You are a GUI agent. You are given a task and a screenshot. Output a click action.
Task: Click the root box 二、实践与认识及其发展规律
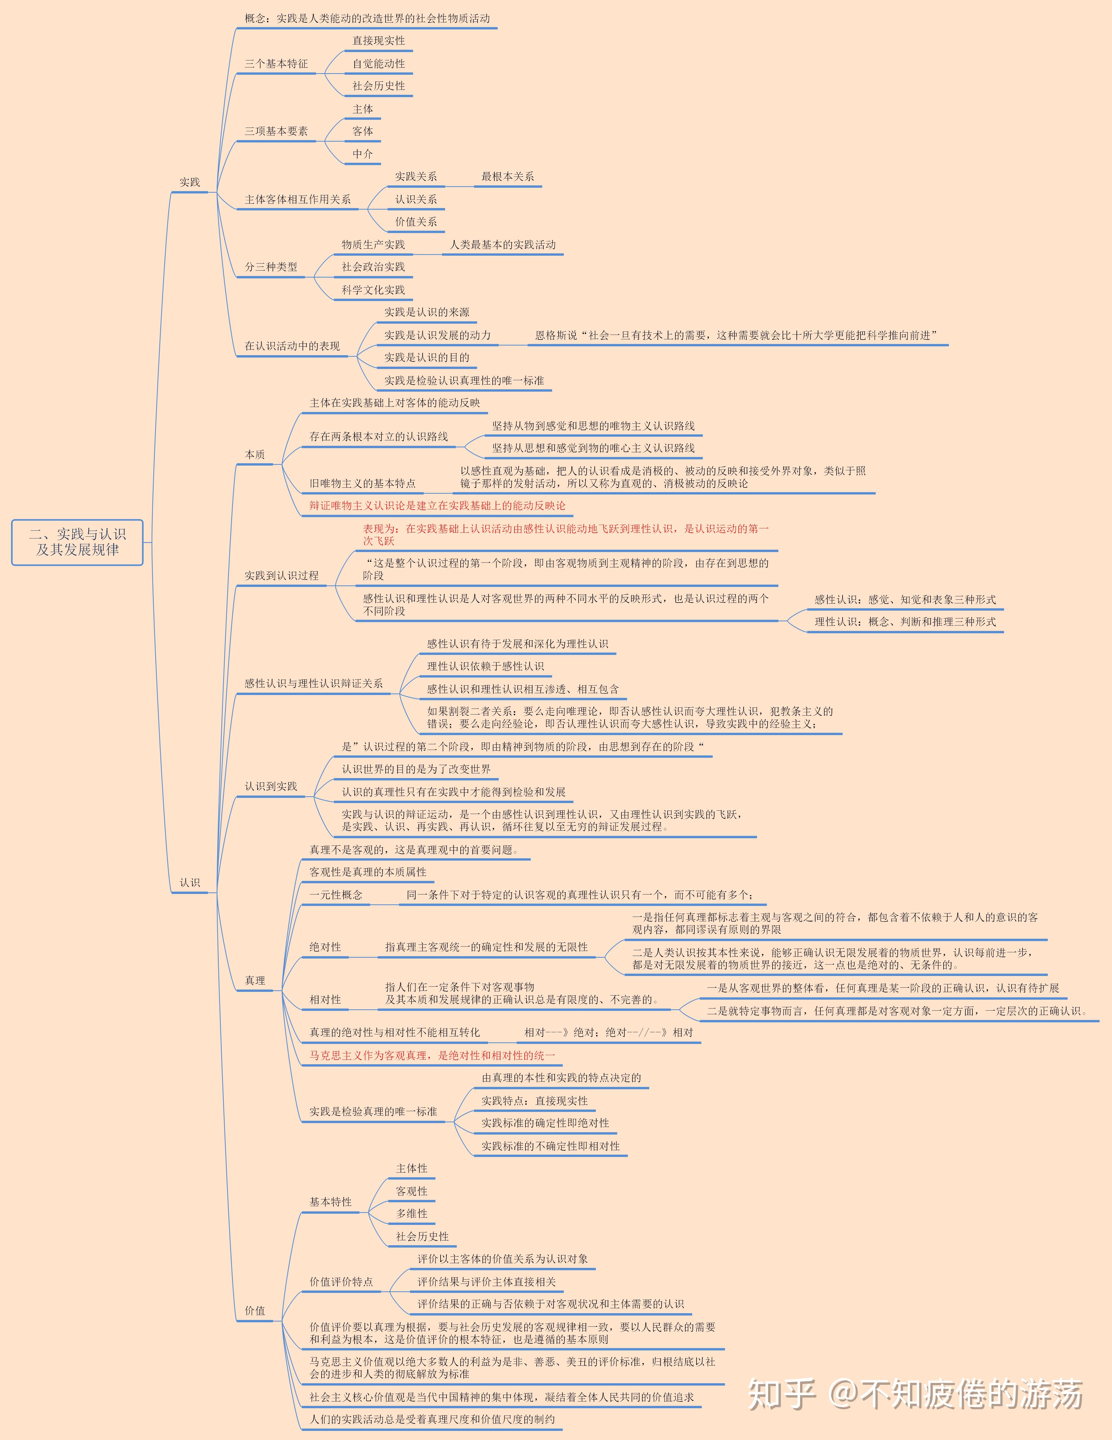click(77, 542)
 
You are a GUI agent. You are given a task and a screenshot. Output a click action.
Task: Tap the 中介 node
click(362, 154)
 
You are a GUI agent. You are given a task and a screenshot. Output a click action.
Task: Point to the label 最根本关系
click(507, 177)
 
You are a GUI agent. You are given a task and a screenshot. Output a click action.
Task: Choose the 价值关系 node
click(416, 222)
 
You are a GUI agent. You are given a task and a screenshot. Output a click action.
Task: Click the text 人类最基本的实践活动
click(503, 245)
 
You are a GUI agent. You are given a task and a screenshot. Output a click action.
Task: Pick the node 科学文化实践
click(373, 290)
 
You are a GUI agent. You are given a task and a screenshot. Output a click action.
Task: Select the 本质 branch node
click(255, 454)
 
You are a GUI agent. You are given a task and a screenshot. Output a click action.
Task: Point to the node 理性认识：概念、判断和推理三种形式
click(905, 622)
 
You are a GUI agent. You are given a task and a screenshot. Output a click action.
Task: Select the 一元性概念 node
click(336, 895)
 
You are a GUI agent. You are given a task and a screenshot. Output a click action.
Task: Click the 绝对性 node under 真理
click(326, 947)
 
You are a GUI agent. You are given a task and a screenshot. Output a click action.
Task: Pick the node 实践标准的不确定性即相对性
click(550, 1146)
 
